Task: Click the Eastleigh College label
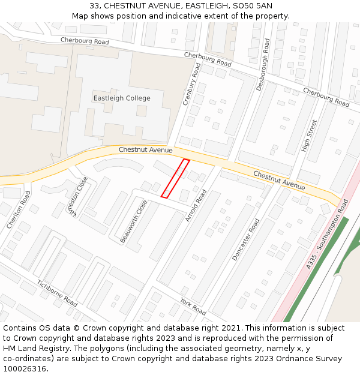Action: point(122,98)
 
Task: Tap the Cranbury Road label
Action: point(191,85)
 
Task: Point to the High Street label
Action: point(309,135)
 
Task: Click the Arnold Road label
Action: point(196,205)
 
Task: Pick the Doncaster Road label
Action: point(246,239)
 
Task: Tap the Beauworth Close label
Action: point(133,221)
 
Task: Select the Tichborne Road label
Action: point(57,293)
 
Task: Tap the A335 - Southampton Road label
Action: point(327,234)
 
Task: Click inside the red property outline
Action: point(175,178)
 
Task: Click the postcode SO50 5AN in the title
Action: point(250,5)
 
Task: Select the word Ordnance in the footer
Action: point(288,359)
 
